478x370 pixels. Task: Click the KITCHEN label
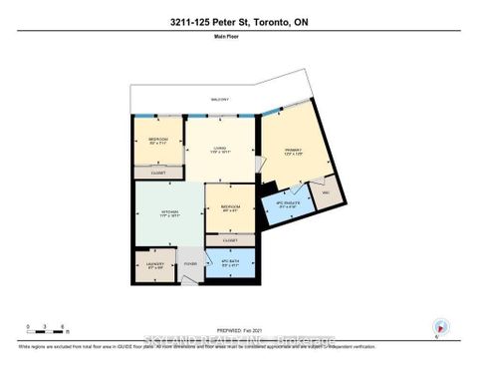[x=168, y=213]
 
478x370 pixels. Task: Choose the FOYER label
[x=191, y=264]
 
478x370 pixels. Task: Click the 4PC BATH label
[x=230, y=264]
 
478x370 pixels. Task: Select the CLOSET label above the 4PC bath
[x=230, y=240]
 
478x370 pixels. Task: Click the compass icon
[x=440, y=327]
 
